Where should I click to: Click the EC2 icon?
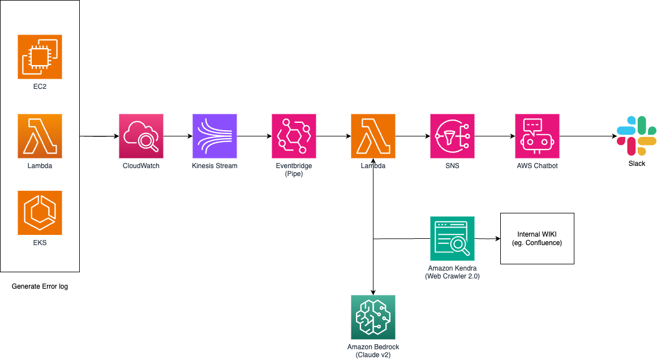pos(40,57)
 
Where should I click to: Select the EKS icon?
pos(40,213)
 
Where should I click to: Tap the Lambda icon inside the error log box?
pos(40,136)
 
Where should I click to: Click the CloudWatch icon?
pos(141,136)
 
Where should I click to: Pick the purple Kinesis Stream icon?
pos(214,136)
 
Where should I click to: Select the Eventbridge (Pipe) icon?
pos(294,136)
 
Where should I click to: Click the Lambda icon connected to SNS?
pos(373,136)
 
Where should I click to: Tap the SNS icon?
pos(452,136)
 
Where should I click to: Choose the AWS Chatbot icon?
pos(537,136)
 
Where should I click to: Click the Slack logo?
pos(637,136)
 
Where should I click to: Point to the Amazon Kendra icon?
pos(452,238)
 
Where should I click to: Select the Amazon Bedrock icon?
pos(373,317)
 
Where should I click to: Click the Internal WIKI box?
pos(537,238)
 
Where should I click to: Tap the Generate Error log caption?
pos(40,286)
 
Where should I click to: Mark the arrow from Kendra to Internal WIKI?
pos(487,239)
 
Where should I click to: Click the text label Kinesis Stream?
pos(214,166)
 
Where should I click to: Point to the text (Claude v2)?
pos(373,355)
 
